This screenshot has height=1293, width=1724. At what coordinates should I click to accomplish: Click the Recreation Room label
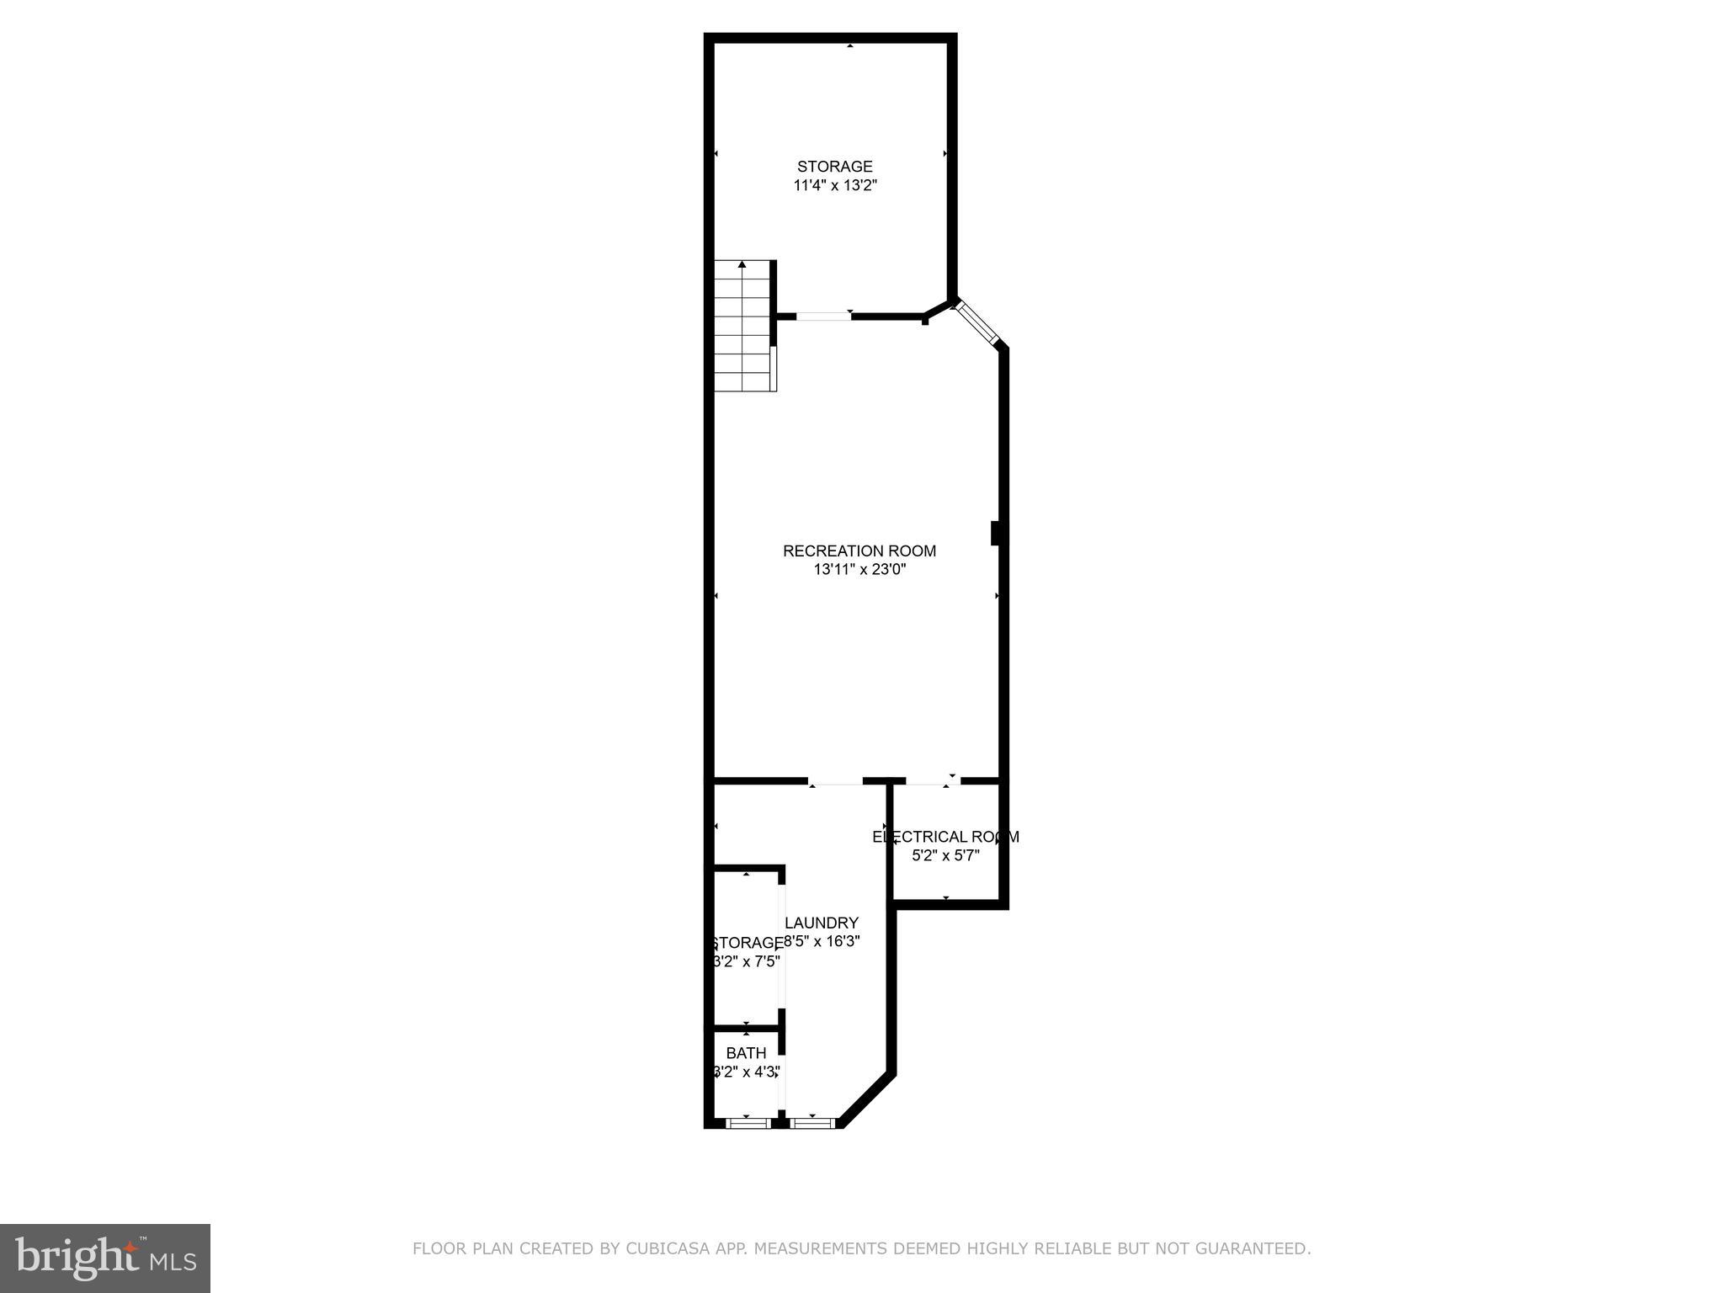859,551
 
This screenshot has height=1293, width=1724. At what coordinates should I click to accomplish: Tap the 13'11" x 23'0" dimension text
859,570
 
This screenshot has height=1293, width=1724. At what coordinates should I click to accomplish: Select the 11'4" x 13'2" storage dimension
835,185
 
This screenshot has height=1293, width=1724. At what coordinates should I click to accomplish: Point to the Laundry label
822,923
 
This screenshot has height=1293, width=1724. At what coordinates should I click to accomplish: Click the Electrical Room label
945,837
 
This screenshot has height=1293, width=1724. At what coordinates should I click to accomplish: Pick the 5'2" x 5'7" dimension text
945,856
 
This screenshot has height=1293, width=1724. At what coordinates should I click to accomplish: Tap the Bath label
746,1053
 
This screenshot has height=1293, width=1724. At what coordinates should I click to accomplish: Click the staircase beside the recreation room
742,328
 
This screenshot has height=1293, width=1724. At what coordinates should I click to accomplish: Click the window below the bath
747,1122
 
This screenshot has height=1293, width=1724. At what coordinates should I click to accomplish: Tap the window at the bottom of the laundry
812,1122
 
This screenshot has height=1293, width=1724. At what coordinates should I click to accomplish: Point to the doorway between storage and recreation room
823,317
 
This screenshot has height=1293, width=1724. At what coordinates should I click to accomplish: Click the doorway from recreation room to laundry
835,782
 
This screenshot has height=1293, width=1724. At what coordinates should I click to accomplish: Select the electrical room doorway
932,782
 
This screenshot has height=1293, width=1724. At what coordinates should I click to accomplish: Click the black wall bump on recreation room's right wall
995,534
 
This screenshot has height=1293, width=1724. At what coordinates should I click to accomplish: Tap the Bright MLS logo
105,1258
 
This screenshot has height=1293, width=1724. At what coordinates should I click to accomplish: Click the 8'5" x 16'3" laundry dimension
822,942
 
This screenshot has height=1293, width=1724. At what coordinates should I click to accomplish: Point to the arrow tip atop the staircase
742,265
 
